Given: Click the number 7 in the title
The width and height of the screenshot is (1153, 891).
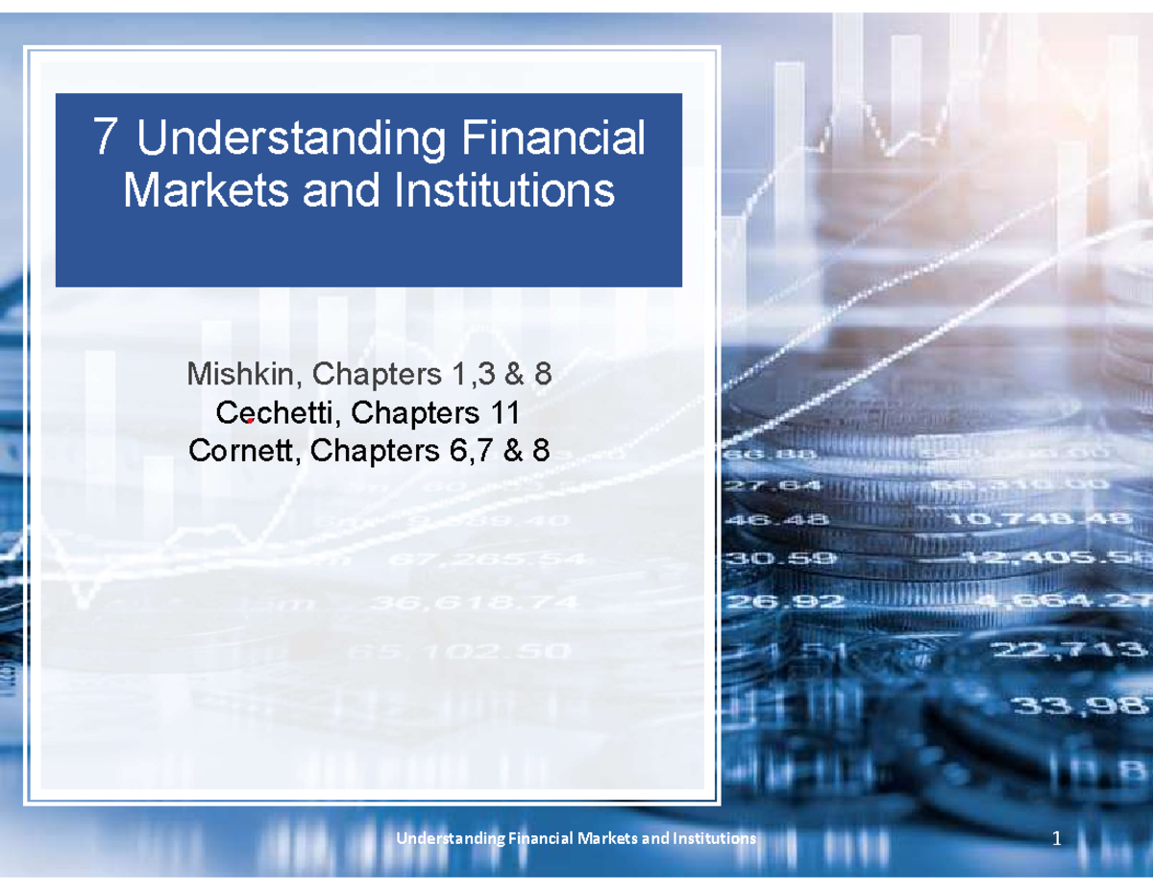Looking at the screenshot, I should point(108,139).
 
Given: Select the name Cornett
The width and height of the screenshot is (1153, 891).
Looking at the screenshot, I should point(244,449).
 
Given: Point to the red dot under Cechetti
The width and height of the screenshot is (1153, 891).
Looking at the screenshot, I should point(249,421).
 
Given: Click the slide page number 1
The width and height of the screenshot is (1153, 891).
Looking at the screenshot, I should point(1056,840).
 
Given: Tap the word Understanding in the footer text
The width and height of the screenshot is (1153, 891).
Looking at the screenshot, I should point(451,839).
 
